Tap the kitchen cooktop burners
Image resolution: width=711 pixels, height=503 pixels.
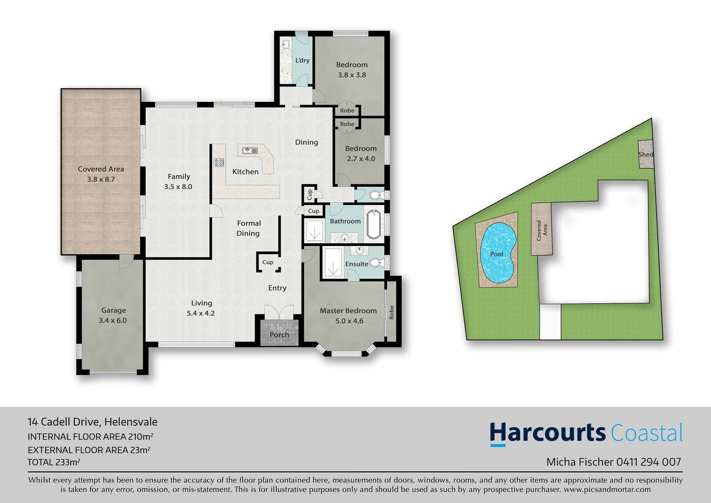click(x=219, y=163)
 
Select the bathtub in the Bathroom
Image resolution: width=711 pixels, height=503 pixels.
click(x=374, y=225)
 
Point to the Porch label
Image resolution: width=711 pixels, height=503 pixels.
click(x=279, y=334)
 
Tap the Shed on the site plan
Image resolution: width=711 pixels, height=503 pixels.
click(x=645, y=154)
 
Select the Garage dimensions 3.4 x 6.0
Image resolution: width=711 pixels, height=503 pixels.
click(x=113, y=320)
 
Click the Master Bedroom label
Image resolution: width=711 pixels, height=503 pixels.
click(x=348, y=311)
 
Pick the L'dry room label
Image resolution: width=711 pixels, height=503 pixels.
click(x=302, y=60)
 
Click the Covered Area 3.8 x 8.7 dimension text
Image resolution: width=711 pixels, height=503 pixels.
click(x=101, y=179)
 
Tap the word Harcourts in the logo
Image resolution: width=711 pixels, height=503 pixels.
click(x=547, y=433)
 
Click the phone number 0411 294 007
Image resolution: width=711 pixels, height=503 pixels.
click(x=649, y=462)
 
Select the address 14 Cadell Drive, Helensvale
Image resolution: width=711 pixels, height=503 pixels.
click(x=93, y=422)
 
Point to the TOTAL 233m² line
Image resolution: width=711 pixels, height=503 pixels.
click(x=54, y=462)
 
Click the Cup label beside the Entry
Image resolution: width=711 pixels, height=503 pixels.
click(x=268, y=262)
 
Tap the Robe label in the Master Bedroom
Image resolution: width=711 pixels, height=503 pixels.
click(x=391, y=312)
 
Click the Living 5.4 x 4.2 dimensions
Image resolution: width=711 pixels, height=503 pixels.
click(x=201, y=313)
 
